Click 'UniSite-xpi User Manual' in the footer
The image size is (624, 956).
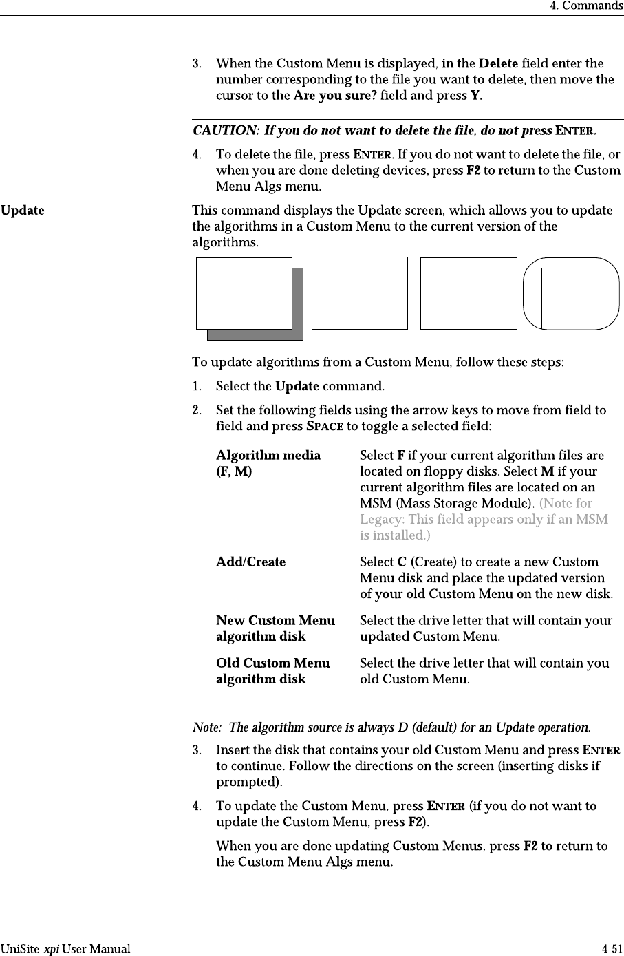point(65,949)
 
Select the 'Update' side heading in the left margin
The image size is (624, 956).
point(23,210)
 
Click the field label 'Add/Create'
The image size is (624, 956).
point(250,562)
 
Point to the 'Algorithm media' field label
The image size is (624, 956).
point(268,455)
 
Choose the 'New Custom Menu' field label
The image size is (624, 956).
point(275,620)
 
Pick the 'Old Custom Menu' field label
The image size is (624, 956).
point(272,663)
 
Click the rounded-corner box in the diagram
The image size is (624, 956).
point(570,294)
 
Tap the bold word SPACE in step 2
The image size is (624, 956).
point(324,426)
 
